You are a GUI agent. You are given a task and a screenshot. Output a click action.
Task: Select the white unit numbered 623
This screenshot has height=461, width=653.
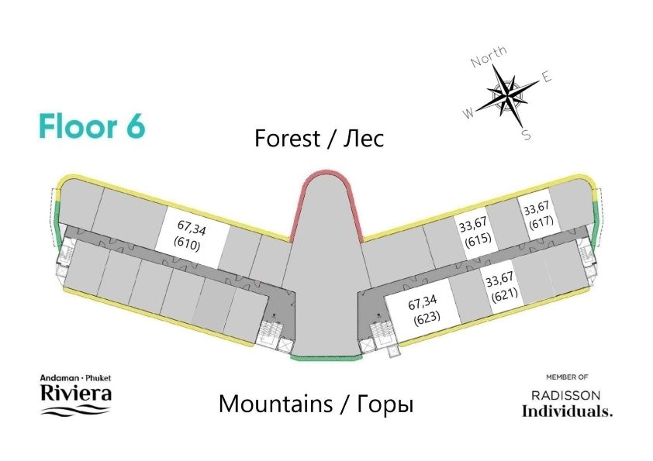(423, 311)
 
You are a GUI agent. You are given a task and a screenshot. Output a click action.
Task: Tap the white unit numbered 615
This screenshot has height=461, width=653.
(475, 232)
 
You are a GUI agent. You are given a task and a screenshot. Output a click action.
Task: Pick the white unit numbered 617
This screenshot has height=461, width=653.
(539, 215)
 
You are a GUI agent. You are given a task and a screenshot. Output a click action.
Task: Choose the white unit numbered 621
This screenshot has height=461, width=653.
(503, 287)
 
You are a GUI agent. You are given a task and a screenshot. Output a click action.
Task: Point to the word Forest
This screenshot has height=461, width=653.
(288, 138)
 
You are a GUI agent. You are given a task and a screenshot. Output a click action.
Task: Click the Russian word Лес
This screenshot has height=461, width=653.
(363, 139)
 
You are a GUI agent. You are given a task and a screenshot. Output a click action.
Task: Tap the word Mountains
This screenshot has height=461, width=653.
(275, 404)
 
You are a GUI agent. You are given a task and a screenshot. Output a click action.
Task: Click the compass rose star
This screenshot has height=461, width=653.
(508, 96)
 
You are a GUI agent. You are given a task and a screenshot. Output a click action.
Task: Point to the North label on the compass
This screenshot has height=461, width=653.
(489, 56)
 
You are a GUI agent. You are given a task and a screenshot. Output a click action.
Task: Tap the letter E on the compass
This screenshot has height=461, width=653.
(547, 77)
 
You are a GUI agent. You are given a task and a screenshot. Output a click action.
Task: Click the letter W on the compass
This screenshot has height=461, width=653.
(468, 113)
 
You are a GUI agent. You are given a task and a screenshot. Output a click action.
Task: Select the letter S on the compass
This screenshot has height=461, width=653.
(527, 135)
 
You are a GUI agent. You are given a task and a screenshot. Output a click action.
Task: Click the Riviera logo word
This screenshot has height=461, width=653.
(76, 393)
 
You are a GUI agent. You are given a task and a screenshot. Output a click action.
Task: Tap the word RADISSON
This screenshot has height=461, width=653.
(566, 395)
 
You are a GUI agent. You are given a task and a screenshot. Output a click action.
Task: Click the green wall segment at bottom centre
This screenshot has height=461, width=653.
(326, 357)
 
